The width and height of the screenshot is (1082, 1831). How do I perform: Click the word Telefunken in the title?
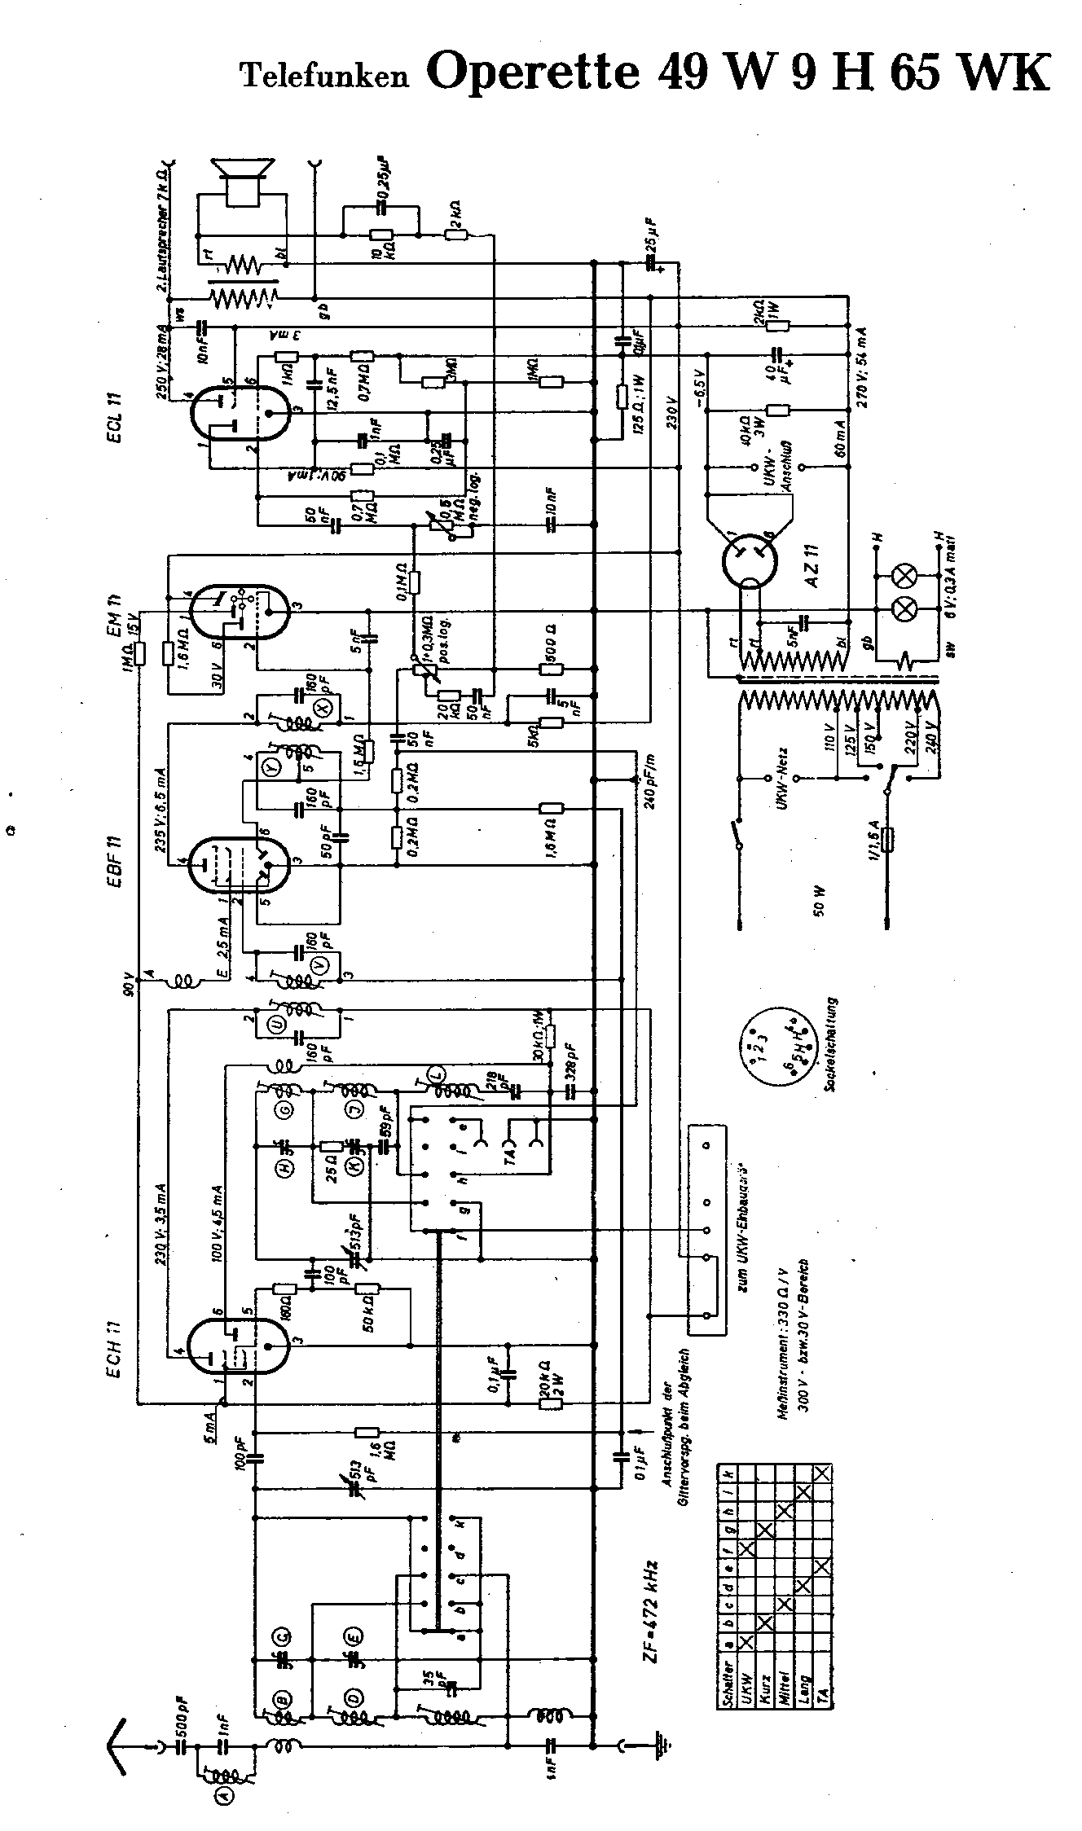[x=323, y=77]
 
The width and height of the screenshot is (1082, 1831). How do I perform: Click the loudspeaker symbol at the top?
[x=241, y=181]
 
